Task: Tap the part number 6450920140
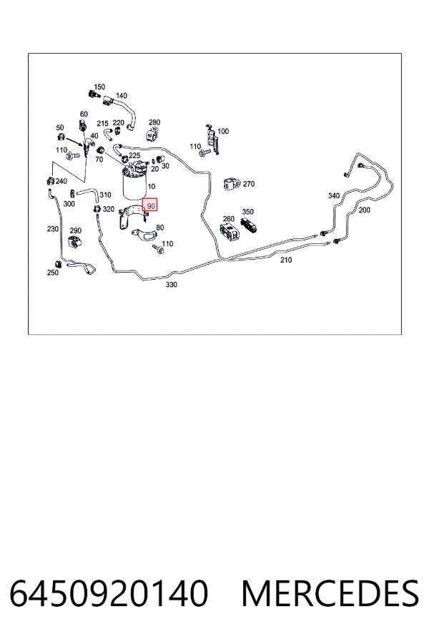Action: click(x=109, y=593)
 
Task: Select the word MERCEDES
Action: click(x=330, y=593)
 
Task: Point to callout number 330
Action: click(x=171, y=285)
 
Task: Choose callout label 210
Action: click(x=286, y=260)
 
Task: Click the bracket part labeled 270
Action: click(x=232, y=184)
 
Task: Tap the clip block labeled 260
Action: click(x=230, y=233)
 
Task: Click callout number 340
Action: click(x=334, y=196)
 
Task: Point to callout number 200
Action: click(x=364, y=210)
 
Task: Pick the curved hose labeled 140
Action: click(x=123, y=112)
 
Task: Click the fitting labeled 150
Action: click(x=94, y=95)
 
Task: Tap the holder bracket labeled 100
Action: click(x=212, y=140)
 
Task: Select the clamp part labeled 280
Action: click(x=152, y=135)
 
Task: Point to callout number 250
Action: click(x=52, y=273)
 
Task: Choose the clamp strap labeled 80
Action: click(x=144, y=233)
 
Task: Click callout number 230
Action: click(x=52, y=229)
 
